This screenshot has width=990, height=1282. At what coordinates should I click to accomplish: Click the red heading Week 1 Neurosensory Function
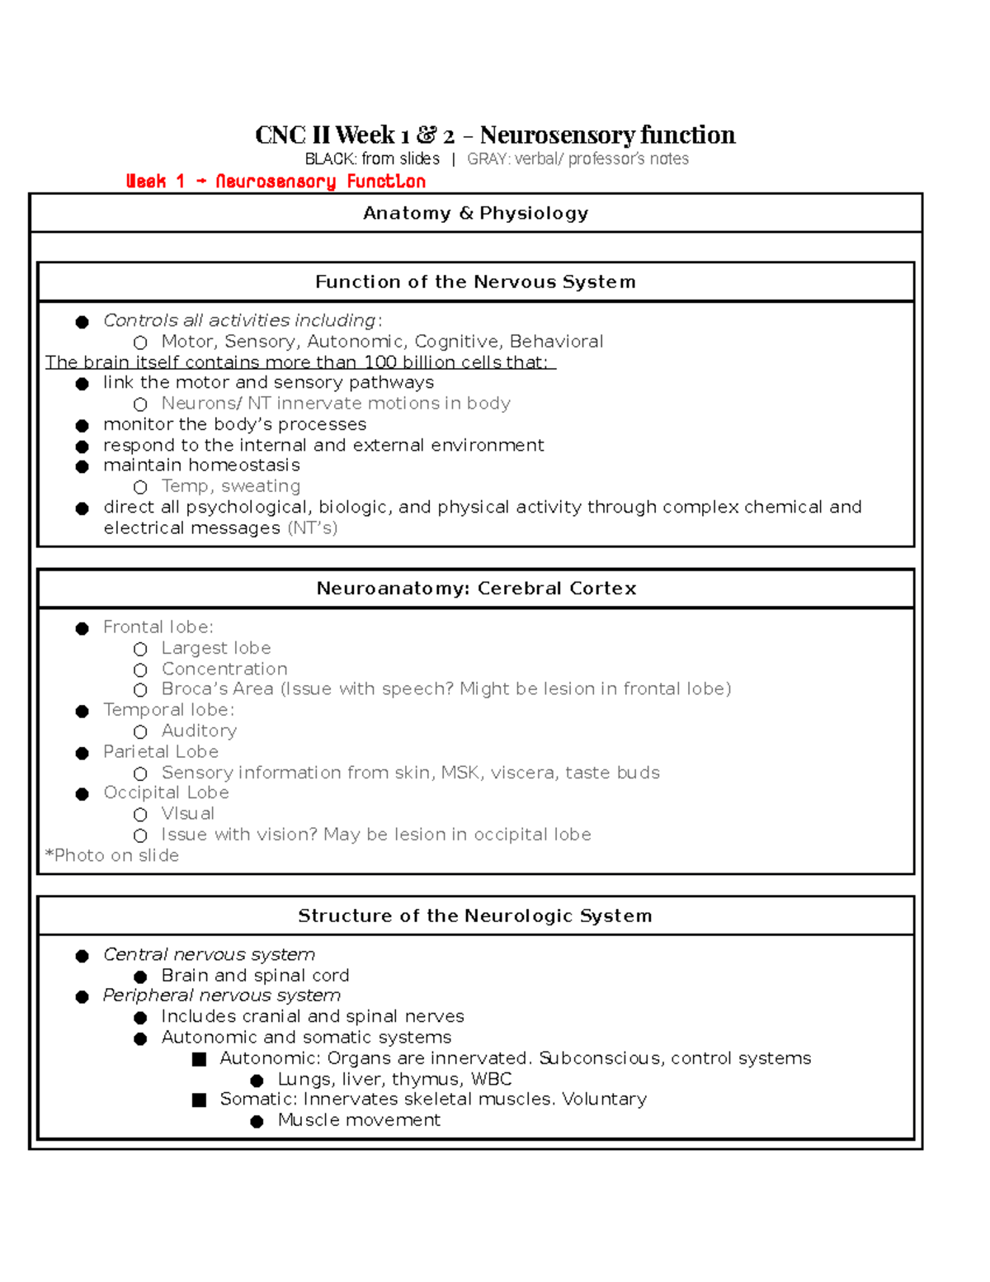pos(276,182)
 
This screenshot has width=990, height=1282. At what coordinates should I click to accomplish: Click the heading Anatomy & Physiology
pos(475,214)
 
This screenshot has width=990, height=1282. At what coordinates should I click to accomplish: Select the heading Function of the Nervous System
pos(475,282)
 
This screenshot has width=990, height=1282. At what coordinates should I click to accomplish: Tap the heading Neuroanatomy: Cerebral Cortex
pos(476,589)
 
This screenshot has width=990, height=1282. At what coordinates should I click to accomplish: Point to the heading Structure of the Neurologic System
pos(474,916)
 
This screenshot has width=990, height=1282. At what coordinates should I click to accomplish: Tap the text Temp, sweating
pos(230,486)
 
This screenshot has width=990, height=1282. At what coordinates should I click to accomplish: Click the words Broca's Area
pos(217,689)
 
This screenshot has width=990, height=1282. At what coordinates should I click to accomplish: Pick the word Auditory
pos(199,731)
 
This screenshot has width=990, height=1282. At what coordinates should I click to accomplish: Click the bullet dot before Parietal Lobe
pos(82,753)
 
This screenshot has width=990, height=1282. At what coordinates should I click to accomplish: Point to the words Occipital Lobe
pos(166,793)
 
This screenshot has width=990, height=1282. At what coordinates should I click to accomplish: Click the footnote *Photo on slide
pos(111,856)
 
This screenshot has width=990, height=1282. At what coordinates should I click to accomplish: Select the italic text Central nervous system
pos(209,955)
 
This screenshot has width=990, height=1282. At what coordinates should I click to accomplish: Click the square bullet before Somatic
pos(199,1100)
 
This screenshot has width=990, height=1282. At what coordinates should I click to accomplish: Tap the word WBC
pos(491,1080)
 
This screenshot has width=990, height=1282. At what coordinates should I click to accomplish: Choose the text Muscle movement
pos(359,1120)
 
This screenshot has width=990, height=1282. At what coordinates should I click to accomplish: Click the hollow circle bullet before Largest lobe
pos(140,650)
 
